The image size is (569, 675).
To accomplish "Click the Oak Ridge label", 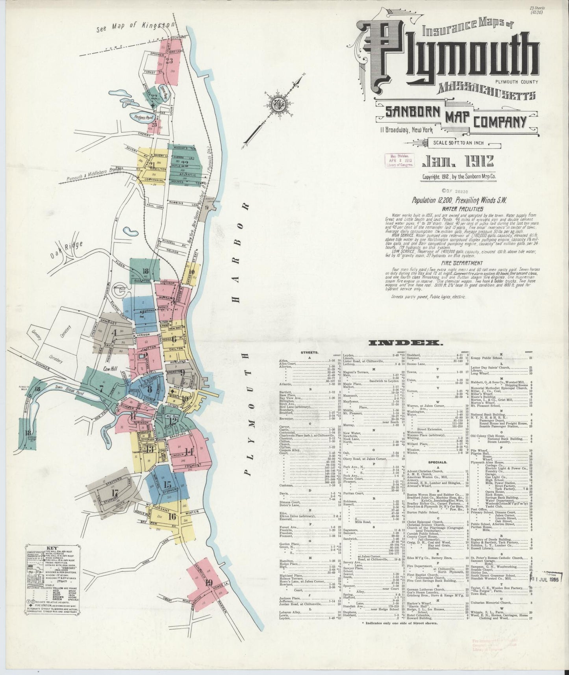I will tap(67, 249).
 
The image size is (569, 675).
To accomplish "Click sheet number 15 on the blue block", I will tap(167, 485).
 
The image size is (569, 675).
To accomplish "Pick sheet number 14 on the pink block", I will tap(189, 452).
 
